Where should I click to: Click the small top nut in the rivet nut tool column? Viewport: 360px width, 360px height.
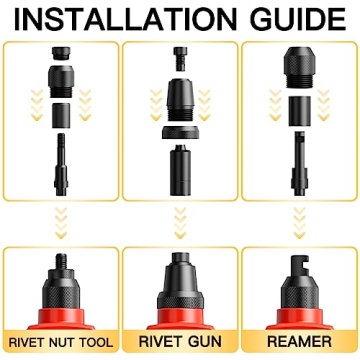59,62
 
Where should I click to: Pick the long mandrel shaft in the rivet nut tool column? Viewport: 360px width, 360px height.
59,171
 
